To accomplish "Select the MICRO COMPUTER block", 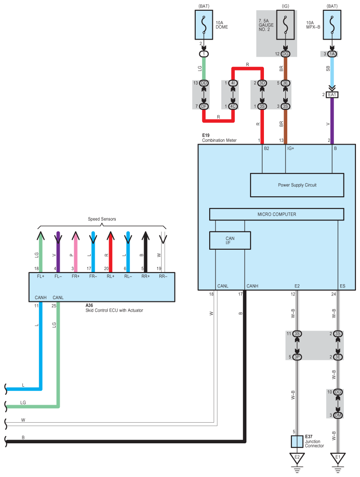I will pyautogui.click(x=277, y=214).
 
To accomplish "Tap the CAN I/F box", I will pyautogui.click(x=230, y=240).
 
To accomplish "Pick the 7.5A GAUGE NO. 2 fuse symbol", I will pyautogui.click(x=285, y=26).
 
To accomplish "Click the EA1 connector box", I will pyautogui.click(x=332, y=95).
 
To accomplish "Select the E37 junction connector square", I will pyautogui.click(x=297, y=442).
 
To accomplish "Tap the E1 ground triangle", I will pyautogui.click(x=338, y=459).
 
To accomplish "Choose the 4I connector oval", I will pyautogui.click(x=233, y=83).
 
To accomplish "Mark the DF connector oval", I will pyautogui.click(x=204, y=106).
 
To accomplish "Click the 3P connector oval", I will pyautogui.click(x=297, y=357).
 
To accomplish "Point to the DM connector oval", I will pyautogui.click(x=338, y=415).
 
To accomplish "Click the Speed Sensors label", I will pyautogui.click(x=102, y=219).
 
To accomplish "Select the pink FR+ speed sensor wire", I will pyautogui.click(x=75, y=252).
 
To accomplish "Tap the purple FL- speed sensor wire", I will pyautogui.click(x=58, y=252).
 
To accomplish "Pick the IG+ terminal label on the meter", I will pyautogui.click(x=290, y=148).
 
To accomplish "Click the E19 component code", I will pyautogui.click(x=206, y=135).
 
